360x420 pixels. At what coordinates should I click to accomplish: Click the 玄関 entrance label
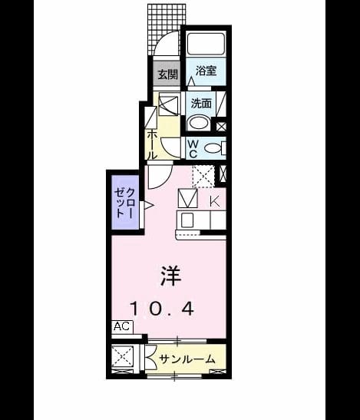point(167,74)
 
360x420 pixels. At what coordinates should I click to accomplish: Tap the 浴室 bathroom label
point(206,71)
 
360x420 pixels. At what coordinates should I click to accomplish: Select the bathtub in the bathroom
point(206,44)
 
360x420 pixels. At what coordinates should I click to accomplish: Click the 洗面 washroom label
point(201,103)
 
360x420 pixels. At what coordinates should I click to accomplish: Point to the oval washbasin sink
point(199,123)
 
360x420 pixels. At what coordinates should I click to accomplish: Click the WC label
point(193,149)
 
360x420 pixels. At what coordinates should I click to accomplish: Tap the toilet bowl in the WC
point(213,148)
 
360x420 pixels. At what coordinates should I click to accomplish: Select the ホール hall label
point(151,145)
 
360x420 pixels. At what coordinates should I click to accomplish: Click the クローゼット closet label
point(124,203)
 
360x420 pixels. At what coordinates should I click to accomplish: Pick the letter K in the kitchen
point(215,201)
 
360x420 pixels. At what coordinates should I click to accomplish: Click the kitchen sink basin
point(187,220)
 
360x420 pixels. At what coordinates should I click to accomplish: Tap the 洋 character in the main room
point(170,276)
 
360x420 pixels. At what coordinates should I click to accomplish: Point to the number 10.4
point(162,309)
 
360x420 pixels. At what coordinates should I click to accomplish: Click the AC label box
point(122,327)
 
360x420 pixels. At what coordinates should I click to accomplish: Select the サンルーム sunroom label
point(187,359)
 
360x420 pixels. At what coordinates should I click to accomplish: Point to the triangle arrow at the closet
point(148,206)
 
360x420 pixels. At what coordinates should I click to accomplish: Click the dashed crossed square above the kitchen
point(203,177)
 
